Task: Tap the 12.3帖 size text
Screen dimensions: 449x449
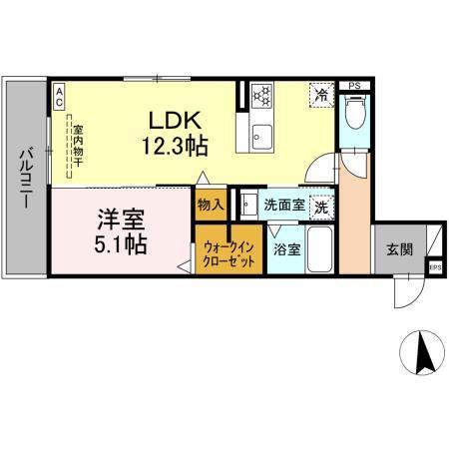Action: [175, 146]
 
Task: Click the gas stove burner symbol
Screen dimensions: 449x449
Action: [263, 95]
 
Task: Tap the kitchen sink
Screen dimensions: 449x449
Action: [263, 134]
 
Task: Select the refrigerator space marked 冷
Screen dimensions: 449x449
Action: [321, 96]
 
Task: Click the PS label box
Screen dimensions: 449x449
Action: [355, 86]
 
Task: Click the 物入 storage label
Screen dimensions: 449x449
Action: [211, 206]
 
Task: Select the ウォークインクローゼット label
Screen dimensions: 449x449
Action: [228, 252]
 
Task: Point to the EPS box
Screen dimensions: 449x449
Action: [436, 267]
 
